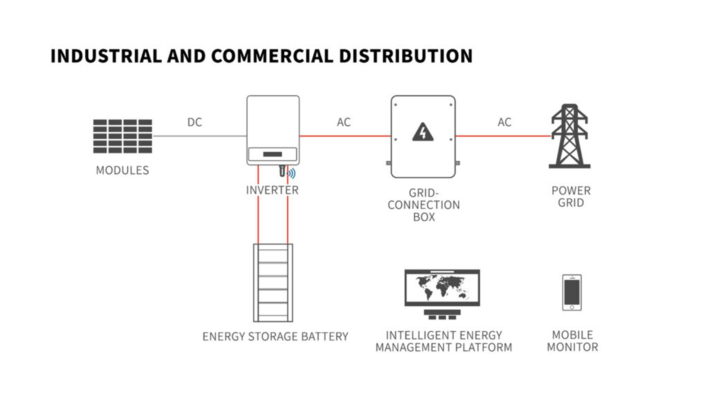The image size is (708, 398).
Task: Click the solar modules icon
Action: (x=123, y=136)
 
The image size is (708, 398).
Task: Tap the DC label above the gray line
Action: (x=195, y=122)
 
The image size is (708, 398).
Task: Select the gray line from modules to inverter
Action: (x=199, y=136)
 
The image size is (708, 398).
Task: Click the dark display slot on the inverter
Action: (x=272, y=154)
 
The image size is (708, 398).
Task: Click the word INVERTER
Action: (x=272, y=190)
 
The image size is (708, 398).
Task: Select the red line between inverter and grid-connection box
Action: (x=345, y=136)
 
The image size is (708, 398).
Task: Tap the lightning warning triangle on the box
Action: (x=423, y=132)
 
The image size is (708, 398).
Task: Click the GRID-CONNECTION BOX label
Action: (x=424, y=205)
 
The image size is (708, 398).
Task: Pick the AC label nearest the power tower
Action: (x=504, y=122)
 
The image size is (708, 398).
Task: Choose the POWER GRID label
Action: (x=571, y=197)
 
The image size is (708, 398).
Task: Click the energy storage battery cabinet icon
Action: (x=273, y=283)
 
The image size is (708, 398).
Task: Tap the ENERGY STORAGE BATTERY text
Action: (x=275, y=337)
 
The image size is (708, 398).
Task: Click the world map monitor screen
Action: (x=442, y=288)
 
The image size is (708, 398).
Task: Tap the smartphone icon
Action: (x=572, y=293)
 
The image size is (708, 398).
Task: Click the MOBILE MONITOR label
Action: (x=572, y=341)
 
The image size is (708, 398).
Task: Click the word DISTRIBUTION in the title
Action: (x=405, y=56)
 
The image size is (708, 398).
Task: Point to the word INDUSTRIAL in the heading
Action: (x=106, y=56)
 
